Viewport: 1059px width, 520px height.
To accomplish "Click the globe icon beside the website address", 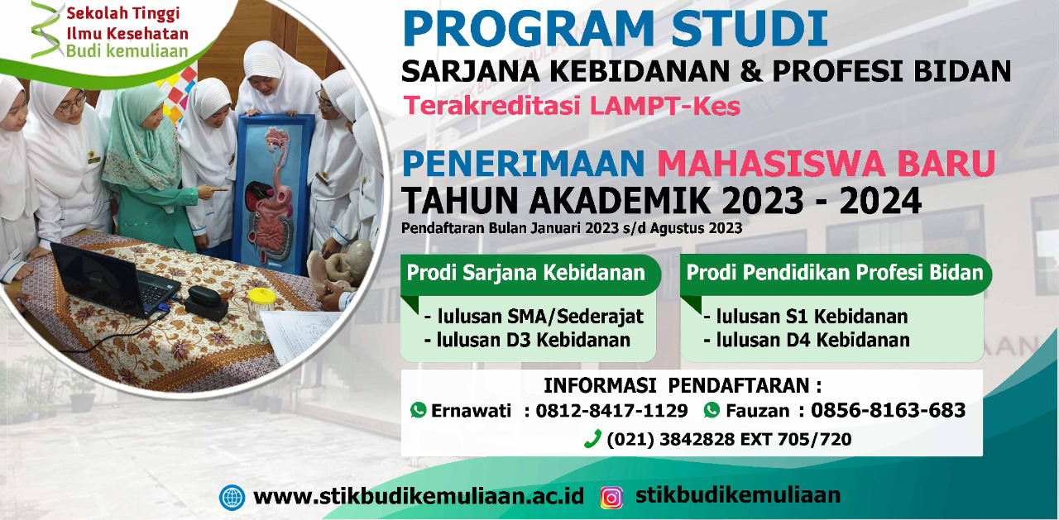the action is [x=232, y=498].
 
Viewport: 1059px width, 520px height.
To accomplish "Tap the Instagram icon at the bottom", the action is [x=611, y=498].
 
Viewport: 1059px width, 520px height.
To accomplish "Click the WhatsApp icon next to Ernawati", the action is [x=419, y=410].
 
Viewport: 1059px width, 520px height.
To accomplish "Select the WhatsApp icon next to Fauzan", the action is [x=712, y=410].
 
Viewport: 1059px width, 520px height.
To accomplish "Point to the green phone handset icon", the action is [x=593, y=438].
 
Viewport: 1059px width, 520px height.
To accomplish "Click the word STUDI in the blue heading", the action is [x=750, y=28].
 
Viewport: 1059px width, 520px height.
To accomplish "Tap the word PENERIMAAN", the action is [x=524, y=164].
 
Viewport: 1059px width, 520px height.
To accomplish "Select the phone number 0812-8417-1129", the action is [x=611, y=410].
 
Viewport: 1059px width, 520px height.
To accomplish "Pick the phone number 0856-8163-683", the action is [x=888, y=410].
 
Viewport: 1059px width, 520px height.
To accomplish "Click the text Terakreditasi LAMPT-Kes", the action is [x=572, y=106].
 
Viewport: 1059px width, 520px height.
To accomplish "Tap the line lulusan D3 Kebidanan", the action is [x=528, y=340].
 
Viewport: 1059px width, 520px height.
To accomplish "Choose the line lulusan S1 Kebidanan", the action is [x=806, y=316].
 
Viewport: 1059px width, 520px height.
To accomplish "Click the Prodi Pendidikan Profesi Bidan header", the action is [x=835, y=273].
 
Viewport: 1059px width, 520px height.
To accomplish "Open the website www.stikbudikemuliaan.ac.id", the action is [x=419, y=496].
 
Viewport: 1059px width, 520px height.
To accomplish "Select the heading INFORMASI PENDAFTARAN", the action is [x=683, y=386].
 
